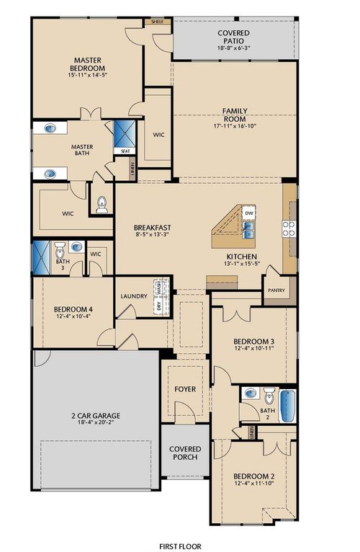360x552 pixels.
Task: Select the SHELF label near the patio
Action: [x=157, y=22]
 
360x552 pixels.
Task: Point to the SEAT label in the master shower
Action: [x=125, y=151]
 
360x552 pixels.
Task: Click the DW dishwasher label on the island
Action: [x=248, y=214]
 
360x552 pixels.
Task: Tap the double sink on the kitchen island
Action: [x=248, y=230]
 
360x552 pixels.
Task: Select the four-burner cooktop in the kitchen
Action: [x=289, y=228]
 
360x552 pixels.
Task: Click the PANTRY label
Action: [x=276, y=291]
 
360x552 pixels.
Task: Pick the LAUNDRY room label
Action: [x=134, y=296]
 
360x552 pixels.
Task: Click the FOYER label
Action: [x=185, y=389]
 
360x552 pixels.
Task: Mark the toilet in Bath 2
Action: [x=268, y=395]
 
